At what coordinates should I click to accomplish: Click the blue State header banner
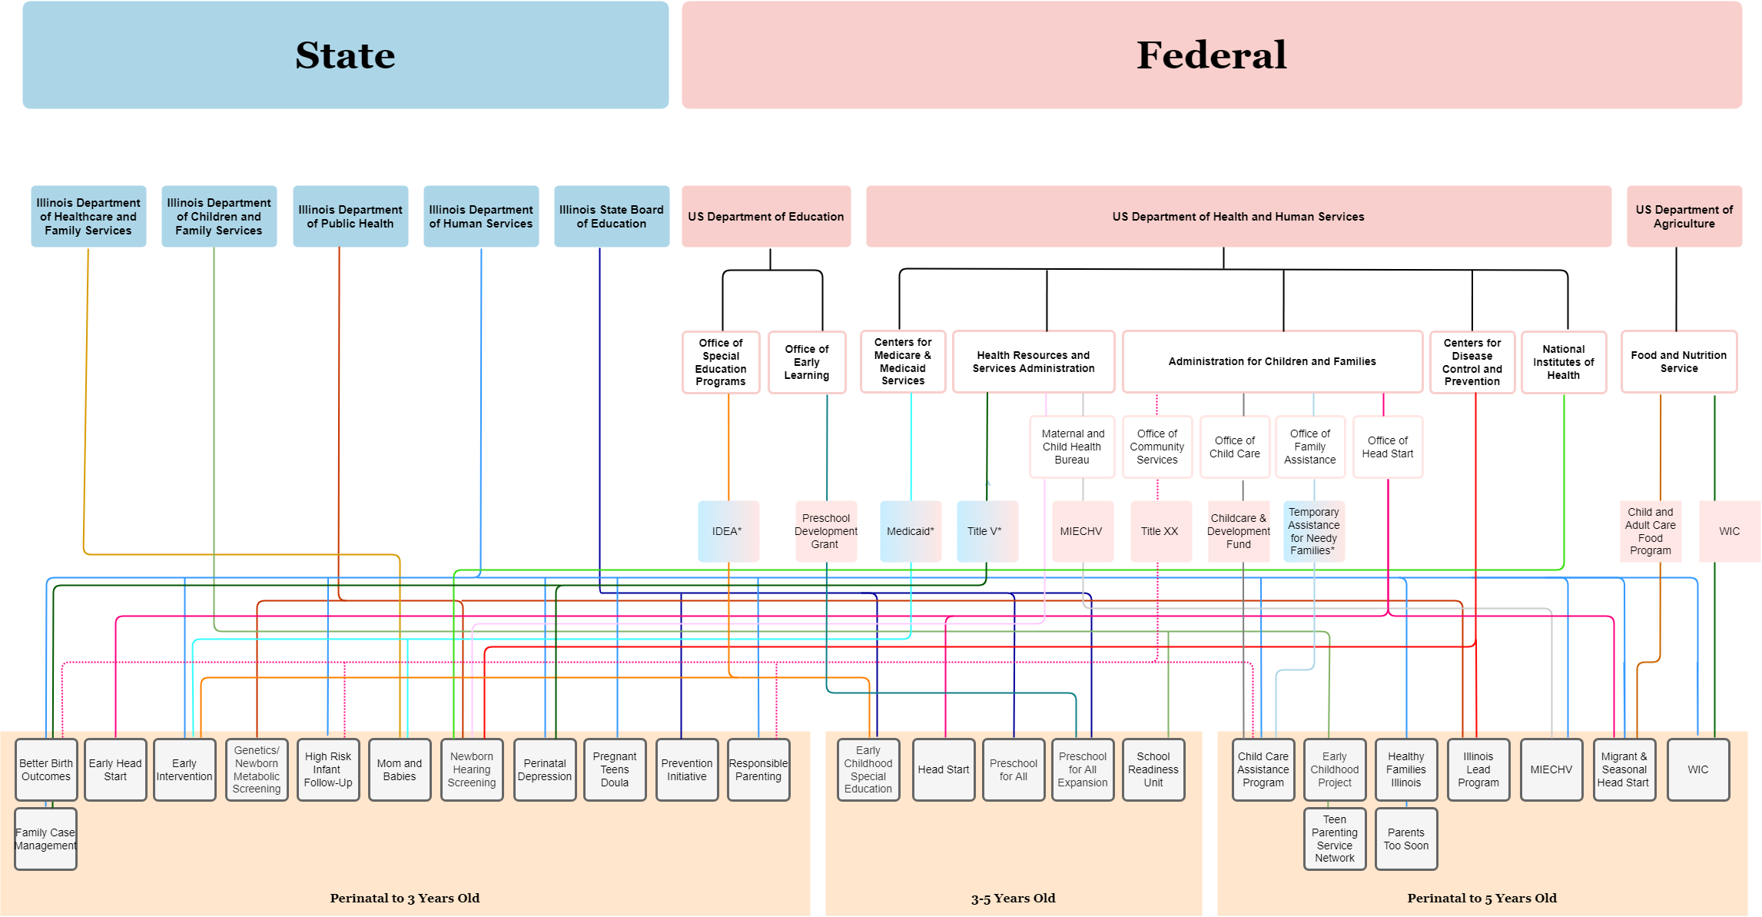tap(345, 55)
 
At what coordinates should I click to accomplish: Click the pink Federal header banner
tap(1211, 55)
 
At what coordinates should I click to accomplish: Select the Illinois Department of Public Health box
tap(350, 217)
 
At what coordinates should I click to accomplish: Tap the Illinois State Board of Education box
tap(612, 217)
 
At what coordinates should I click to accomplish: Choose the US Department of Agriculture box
tap(1684, 217)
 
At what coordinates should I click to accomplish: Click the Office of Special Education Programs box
tap(721, 362)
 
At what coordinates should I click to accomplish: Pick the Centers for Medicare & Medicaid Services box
tap(903, 361)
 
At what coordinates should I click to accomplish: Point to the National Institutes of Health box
tap(1563, 362)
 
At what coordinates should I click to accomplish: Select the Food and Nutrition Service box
tap(1679, 362)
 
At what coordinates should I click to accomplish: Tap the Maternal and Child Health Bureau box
tap(1072, 447)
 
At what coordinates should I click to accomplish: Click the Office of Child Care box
tap(1234, 447)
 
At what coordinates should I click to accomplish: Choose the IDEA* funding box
tap(728, 531)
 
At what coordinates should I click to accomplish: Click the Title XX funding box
tap(1160, 531)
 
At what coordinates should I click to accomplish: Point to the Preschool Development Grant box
tap(826, 531)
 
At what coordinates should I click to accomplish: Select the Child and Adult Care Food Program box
tap(1650, 531)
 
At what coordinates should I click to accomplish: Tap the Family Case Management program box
tap(45, 839)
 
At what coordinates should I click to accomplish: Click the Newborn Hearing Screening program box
tap(472, 769)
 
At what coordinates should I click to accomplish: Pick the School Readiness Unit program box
tap(1153, 769)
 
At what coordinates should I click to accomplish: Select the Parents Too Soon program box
tap(1406, 839)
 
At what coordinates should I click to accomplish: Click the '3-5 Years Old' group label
tap(1013, 898)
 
